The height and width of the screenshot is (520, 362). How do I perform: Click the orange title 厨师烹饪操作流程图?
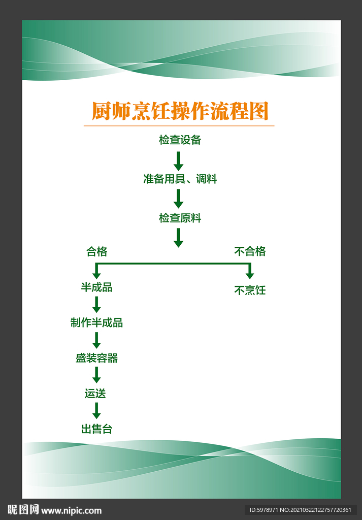pos(180,111)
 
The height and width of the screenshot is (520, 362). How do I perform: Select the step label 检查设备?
pos(180,140)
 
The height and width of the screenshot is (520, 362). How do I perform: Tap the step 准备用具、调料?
pos(180,179)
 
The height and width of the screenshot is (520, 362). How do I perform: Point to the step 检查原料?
pos(180,218)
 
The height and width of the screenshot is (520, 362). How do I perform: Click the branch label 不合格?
pos(250,251)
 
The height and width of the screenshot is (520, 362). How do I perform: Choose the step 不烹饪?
pos(250,290)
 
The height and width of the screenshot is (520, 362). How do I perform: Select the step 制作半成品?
pos(96,322)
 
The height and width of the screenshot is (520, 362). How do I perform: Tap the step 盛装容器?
pos(96,358)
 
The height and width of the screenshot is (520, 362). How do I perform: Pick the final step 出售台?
pos(96,429)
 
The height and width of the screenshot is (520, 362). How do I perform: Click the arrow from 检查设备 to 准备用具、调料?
pos(178,160)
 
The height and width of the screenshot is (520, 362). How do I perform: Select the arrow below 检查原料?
pos(178,237)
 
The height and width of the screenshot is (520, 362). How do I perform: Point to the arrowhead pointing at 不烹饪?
pos(250,275)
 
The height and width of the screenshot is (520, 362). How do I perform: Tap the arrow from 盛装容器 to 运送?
pos(96,375)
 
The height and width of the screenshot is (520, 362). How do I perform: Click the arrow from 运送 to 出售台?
pos(96,410)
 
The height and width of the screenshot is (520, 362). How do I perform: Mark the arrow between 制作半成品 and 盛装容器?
pos(96,340)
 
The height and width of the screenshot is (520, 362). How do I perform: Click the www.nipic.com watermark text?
pos(71,510)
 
